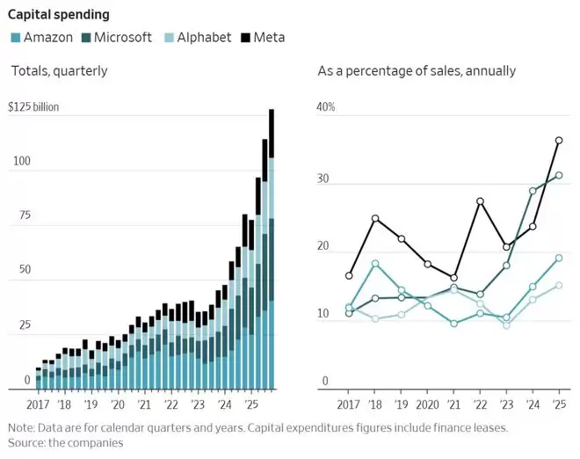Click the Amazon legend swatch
tap(15, 38)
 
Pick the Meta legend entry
tap(269, 38)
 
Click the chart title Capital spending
tap(60, 14)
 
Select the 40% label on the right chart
tap(327, 107)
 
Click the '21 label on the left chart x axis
tap(143, 406)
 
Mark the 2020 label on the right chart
tap(428, 406)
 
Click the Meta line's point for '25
tap(559, 141)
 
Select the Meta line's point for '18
tap(375, 218)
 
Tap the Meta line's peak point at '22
tap(480, 201)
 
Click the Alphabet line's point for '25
tap(559, 285)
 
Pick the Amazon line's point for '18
tap(375, 264)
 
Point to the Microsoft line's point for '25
tap(559, 175)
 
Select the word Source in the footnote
tap(29, 443)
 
